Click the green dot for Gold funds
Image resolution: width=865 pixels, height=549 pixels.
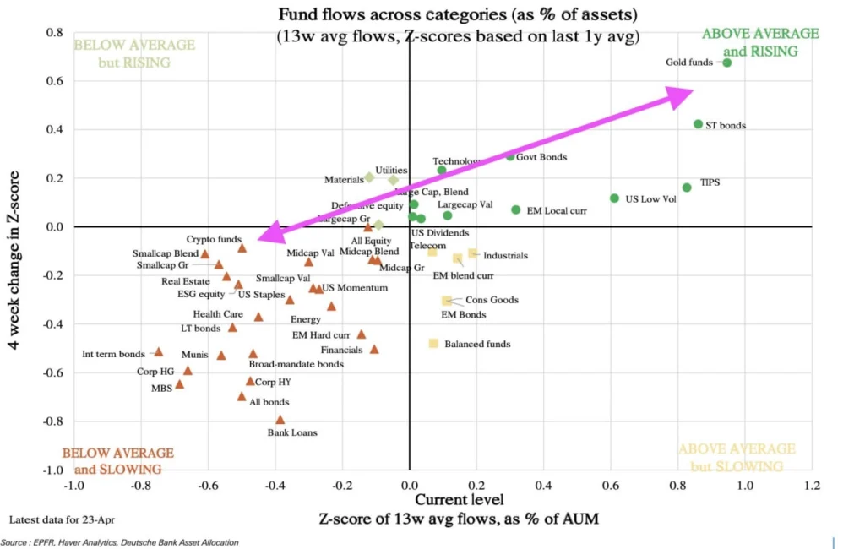(726, 63)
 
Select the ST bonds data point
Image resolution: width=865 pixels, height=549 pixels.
(698, 124)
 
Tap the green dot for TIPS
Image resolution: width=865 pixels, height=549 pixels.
(686, 188)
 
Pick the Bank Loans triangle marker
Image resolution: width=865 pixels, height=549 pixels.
(280, 420)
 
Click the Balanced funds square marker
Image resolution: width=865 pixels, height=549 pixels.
(433, 344)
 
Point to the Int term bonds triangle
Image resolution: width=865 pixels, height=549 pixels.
(158, 352)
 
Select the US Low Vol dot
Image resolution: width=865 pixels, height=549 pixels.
(614, 198)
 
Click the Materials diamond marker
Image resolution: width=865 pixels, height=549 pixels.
(369, 177)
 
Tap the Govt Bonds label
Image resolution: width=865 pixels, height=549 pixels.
(541, 157)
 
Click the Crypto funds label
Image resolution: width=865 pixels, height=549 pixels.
(214, 239)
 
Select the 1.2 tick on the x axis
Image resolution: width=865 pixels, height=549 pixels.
(812, 486)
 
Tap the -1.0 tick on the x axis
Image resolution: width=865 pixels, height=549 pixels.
(74, 486)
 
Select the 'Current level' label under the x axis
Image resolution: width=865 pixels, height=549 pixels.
(443, 501)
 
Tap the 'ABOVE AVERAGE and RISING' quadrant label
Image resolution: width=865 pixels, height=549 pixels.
(760, 42)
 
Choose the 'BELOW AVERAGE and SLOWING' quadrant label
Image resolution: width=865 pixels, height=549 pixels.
(117, 461)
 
